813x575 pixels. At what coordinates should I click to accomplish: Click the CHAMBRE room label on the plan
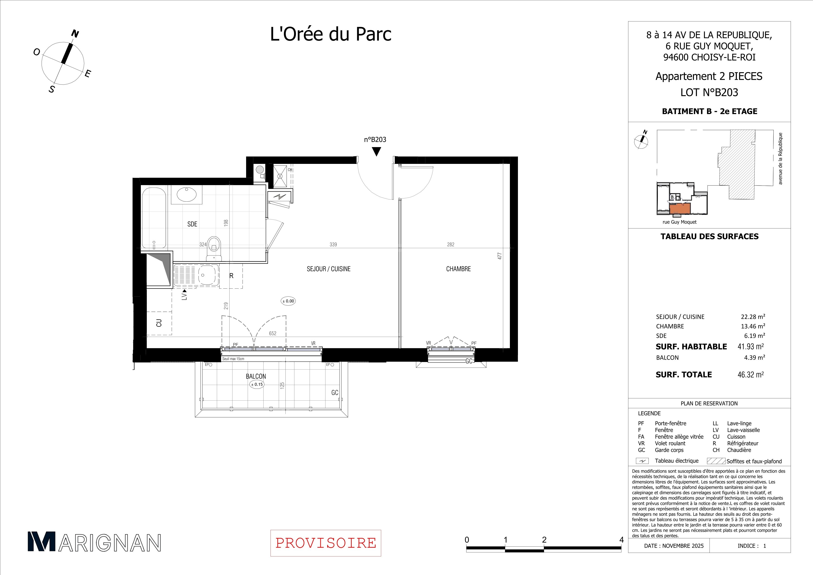458,269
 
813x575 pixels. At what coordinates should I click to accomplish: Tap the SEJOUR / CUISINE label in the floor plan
329,269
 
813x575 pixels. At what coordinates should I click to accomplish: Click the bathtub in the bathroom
154,218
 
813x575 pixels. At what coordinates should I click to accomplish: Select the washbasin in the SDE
187,194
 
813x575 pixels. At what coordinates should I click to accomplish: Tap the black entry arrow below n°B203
377,152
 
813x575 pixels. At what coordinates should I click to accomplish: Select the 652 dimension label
272,333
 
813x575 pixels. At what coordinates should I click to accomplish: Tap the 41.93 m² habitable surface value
751,347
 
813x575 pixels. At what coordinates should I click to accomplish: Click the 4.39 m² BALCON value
755,358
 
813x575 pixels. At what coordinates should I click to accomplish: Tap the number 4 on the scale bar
621,540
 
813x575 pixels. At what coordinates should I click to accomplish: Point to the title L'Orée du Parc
331,35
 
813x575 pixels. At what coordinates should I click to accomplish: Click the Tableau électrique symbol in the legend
642,461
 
